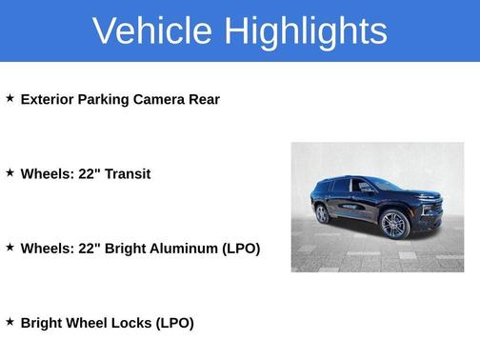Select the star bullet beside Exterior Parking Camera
coord(10,98)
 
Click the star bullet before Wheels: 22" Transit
coord(10,172)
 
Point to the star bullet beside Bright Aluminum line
coord(10,248)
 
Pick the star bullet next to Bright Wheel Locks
coord(10,322)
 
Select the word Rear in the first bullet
coord(205,99)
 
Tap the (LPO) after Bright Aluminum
coord(241,249)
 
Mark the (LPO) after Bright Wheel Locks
coord(175,323)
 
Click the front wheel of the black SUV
coord(394,224)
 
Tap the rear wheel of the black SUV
coord(322,213)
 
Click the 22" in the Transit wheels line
coord(83,173)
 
